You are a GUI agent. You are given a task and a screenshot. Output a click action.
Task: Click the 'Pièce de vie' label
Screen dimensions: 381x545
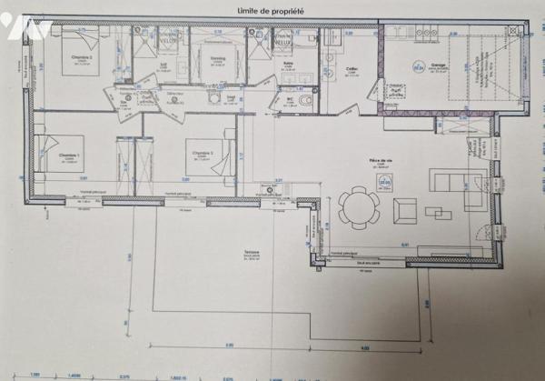pos(394,160)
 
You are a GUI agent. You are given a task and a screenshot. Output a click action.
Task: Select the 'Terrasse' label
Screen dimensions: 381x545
pos(253,252)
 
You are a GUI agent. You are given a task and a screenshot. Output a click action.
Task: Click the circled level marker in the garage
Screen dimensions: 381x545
pos(419,66)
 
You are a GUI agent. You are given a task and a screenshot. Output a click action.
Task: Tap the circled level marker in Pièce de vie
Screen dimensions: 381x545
pos(386,183)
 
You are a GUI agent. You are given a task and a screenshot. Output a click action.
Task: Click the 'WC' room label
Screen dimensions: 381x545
pos(290,99)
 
